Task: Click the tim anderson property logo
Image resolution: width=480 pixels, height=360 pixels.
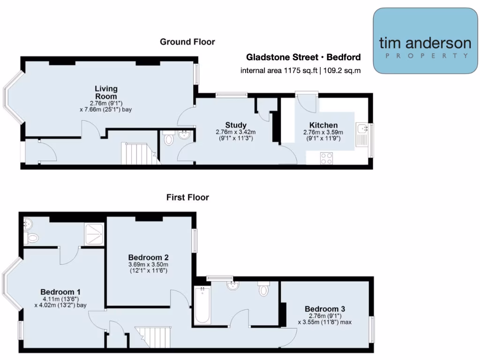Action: (x=425, y=41)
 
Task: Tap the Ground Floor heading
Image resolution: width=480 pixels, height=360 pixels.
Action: (x=187, y=42)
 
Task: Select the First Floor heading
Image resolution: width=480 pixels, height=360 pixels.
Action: (x=187, y=197)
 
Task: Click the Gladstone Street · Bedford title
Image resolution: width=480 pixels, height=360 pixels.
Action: (x=304, y=57)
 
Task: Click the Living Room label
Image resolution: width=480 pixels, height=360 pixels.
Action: (x=106, y=92)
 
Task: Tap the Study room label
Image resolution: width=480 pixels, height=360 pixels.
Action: (x=236, y=125)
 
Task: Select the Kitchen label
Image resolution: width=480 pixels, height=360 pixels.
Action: (x=323, y=125)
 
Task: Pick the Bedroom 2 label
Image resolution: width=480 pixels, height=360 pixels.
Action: (x=149, y=257)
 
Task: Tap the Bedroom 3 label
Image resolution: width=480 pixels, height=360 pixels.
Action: (x=325, y=309)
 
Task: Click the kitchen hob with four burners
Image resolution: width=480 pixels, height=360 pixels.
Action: (x=326, y=158)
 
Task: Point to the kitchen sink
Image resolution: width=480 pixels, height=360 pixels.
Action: (x=362, y=134)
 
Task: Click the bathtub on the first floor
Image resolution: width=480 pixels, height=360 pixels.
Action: (x=202, y=305)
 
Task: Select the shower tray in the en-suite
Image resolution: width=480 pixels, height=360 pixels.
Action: (x=94, y=234)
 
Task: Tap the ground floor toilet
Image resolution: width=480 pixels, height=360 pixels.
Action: (x=169, y=138)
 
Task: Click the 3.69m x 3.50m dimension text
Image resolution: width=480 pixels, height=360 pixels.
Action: (x=148, y=265)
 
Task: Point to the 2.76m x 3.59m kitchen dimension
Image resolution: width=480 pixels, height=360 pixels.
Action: (x=323, y=133)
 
